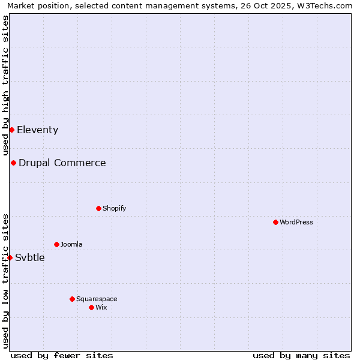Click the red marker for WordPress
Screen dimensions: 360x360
pyautogui.click(x=275, y=222)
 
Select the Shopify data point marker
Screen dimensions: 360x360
pyautogui.click(x=98, y=208)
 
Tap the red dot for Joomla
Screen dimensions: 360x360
pyautogui.click(x=56, y=244)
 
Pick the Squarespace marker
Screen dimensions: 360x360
pyautogui.click(x=72, y=299)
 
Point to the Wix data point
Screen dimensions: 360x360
pyautogui.click(x=91, y=307)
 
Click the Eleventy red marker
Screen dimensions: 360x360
pyautogui.click(x=11, y=130)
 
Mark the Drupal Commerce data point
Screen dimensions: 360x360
pyautogui.click(x=13, y=163)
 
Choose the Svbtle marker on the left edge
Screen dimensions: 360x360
pyautogui.click(x=10, y=257)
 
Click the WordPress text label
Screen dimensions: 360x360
pyautogui.click(x=296, y=222)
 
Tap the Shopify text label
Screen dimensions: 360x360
pyautogui.click(x=114, y=208)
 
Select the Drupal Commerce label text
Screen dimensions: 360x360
pyautogui.click(x=62, y=163)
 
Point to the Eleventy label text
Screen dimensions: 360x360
pyautogui.click(x=37, y=130)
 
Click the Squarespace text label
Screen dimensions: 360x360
pyautogui.click(x=97, y=299)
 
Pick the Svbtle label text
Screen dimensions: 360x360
pyautogui.click(x=30, y=258)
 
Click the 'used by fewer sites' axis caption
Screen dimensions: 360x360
pyautogui.click(x=62, y=355)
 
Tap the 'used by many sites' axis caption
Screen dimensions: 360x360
pyautogui.click(x=301, y=355)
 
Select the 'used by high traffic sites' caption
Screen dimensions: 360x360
pyautogui.click(x=5, y=85)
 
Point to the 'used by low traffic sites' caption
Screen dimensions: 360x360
pyautogui.click(x=5, y=281)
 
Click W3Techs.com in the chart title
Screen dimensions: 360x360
pyautogui.click(x=327, y=6)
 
